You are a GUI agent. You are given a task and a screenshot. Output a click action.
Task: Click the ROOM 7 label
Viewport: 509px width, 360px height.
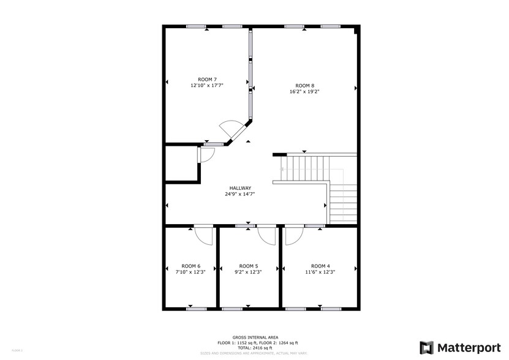(x=207, y=80)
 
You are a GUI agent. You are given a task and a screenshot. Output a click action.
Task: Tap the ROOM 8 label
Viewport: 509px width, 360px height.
(x=304, y=86)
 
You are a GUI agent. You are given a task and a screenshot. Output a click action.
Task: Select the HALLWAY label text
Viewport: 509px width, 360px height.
(x=240, y=188)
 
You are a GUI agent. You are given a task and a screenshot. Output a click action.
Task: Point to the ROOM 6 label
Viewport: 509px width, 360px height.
(x=190, y=266)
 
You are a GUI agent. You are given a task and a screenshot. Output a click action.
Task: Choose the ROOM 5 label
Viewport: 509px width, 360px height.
(x=248, y=266)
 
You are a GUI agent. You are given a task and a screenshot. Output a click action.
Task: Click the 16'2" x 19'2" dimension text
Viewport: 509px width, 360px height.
(x=304, y=92)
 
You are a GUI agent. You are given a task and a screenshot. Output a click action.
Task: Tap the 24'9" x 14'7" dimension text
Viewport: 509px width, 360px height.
(x=240, y=194)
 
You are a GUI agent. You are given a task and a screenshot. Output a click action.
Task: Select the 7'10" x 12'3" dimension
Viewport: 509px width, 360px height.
(x=190, y=272)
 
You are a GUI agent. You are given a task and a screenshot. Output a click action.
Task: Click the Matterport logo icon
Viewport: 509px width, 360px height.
(x=426, y=347)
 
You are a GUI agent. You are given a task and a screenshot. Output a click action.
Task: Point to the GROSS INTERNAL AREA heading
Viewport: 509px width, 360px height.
(x=255, y=337)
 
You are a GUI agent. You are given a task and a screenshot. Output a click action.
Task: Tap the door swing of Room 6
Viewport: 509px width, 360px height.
(x=203, y=235)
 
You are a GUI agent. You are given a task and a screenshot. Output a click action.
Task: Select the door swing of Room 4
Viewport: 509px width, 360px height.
(x=293, y=235)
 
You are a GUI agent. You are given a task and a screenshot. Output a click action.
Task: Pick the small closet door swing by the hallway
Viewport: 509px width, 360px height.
(x=205, y=154)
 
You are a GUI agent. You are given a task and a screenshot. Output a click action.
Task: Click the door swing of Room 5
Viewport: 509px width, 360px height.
(x=267, y=235)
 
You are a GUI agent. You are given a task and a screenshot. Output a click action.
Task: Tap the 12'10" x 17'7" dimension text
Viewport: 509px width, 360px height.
(x=207, y=86)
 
